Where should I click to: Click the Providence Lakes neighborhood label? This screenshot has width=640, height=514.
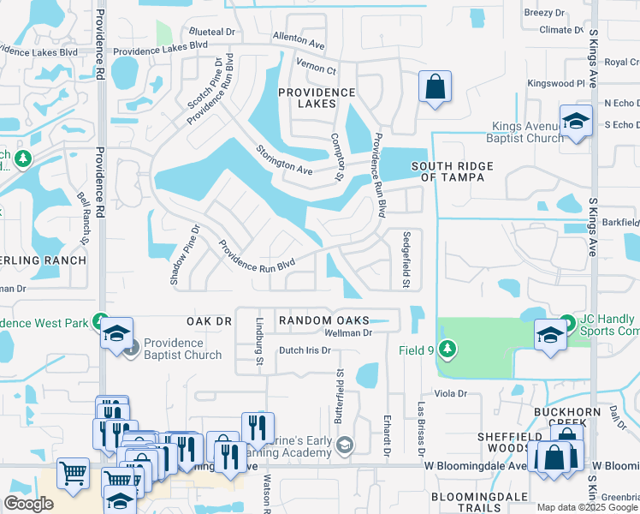tap(317, 98)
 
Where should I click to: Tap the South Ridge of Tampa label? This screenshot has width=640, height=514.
tap(447, 171)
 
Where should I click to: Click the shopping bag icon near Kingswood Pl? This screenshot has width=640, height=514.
tap(435, 87)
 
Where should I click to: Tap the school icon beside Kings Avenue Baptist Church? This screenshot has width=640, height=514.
tap(577, 121)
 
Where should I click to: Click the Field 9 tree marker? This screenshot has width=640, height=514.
tap(446, 349)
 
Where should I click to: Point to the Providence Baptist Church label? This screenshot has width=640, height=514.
tap(182, 349)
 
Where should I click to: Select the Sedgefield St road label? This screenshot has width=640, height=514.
tap(407, 259)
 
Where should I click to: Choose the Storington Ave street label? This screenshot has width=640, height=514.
tap(283, 159)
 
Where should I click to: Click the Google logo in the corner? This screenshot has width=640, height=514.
tap(28, 504)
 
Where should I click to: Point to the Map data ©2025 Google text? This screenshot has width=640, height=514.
tap(587, 507)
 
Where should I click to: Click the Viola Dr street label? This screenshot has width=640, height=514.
tap(450, 394)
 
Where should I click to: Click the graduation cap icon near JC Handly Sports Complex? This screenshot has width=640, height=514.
tap(550, 334)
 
